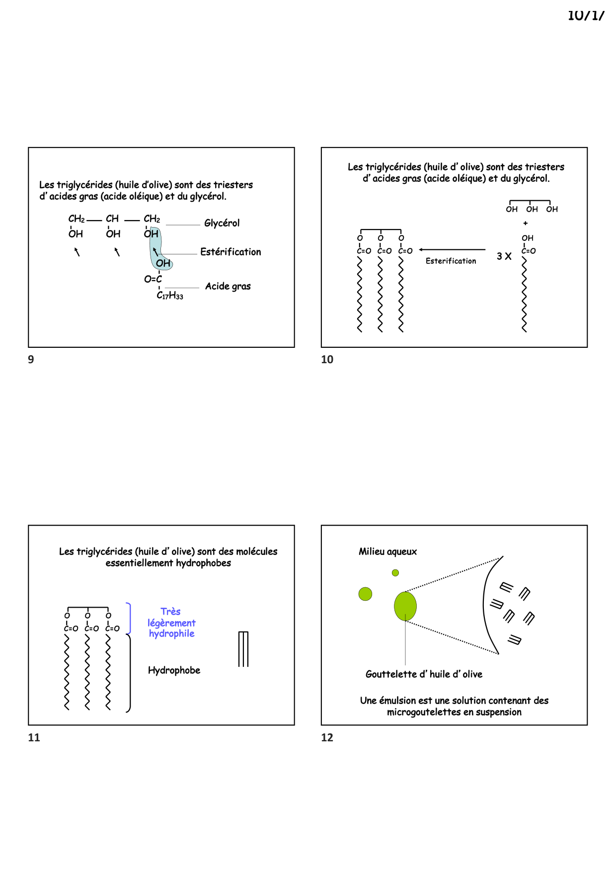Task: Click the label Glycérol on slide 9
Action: pos(222,223)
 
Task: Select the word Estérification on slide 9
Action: pos(231,252)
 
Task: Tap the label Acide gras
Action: pos(228,286)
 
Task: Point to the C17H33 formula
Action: pos(170,296)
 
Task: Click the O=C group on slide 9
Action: pos(153,279)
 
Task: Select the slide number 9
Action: pos(31,360)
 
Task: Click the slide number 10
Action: pos(327,360)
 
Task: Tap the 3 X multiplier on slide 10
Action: pos(504,256)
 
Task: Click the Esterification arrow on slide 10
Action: pos(452,250)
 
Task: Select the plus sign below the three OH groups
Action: pos(526,224)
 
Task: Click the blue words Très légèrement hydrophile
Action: pos(171,623)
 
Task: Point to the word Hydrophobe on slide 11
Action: pos(174,670)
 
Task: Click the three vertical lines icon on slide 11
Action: pos(243,649)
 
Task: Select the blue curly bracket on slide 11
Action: pos(129,619)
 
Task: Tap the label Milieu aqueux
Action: pos(387,552)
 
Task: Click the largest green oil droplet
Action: pos(405,606)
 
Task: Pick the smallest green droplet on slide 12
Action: pos(395,573)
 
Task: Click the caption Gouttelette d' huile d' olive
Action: pos(424,674)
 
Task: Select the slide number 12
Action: pos(327,738)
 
